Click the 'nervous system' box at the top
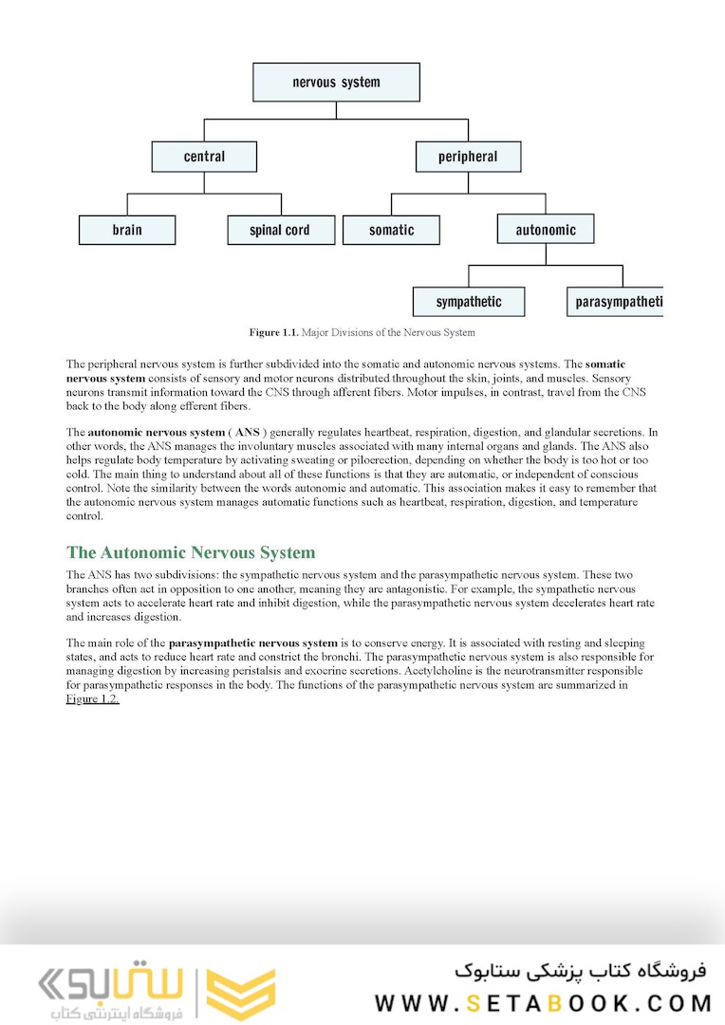pyautogui.click(x=336, y=83)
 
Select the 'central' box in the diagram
pyautogui.click(x=204, y=157)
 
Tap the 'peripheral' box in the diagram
pyautogui.click(x=468, y=157)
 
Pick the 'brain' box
pyautogui.click(x=127, y=230)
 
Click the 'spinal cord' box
pyautogui.click(x=280, y=230)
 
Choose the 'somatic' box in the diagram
pyautogui.click(x=391, y=230)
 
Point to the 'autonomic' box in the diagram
pyautogui.click(x=546, y=230)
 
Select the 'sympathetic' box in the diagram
pyautogui.click(x=468, y=302)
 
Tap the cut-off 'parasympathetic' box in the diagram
pyautogui.click(x=617, y=302)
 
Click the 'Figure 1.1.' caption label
pyautogui.click(x=273, y=332)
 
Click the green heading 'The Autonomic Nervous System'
pyautogui.click(x=191, y=552)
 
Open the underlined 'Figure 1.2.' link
pyautogui.click(x=92, y=699)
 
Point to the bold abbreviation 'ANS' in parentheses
pyautogui.click(x=247, y=432)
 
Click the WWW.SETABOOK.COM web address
pyautogui.click(x=543, y=1002)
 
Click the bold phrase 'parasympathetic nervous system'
pyautogui.click(x=253, y=642)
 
